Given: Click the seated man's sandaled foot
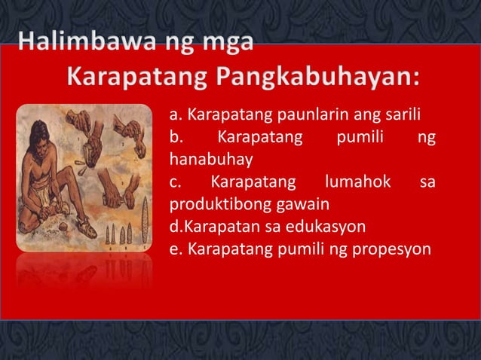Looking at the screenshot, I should coord(72,222).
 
